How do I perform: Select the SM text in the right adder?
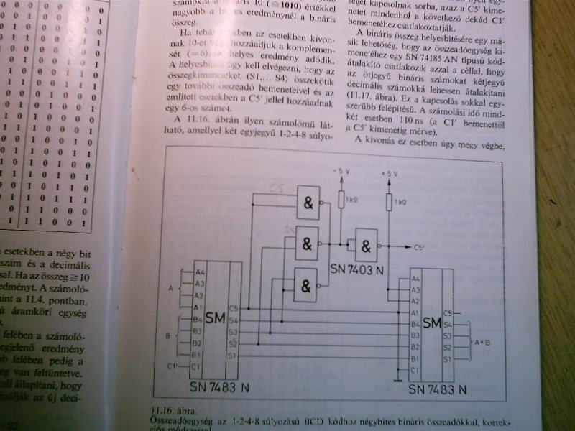click(x=432, y=323)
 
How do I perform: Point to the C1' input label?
click(x=172, y=367)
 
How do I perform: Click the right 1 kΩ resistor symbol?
click(x=390, y=203)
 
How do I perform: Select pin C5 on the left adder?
click(x=233, y=308)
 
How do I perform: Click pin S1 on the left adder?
click(x=233, y=355)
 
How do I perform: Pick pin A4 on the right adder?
click(x=415, y=279)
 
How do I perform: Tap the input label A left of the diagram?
click(x=169, y=288)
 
